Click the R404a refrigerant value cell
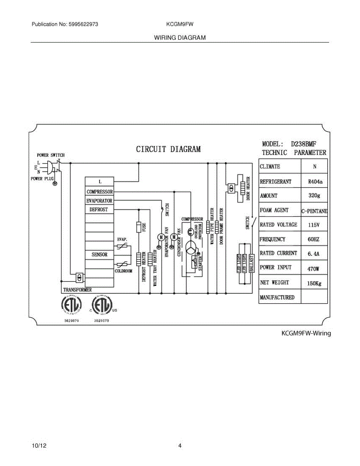tap(314, 181)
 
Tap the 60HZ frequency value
tap(314, 240)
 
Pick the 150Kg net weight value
tap(314, 283)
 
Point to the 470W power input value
tap(314, 268)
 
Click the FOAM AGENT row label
tap(274, 210)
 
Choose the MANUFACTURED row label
tap(277, 297)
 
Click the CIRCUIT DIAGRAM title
tap(168, 149)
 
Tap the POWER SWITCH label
tap(50, 155)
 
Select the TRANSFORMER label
tap(77, 290)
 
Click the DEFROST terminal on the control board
tap(99, 209)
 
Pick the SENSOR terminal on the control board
tap(99, 255)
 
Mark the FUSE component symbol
tap(139, 227)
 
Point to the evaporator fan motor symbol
tap(161, 237)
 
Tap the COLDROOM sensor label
tap(123, 271)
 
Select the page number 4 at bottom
tap(180, 446)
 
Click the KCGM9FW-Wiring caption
tap(306, 333)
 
